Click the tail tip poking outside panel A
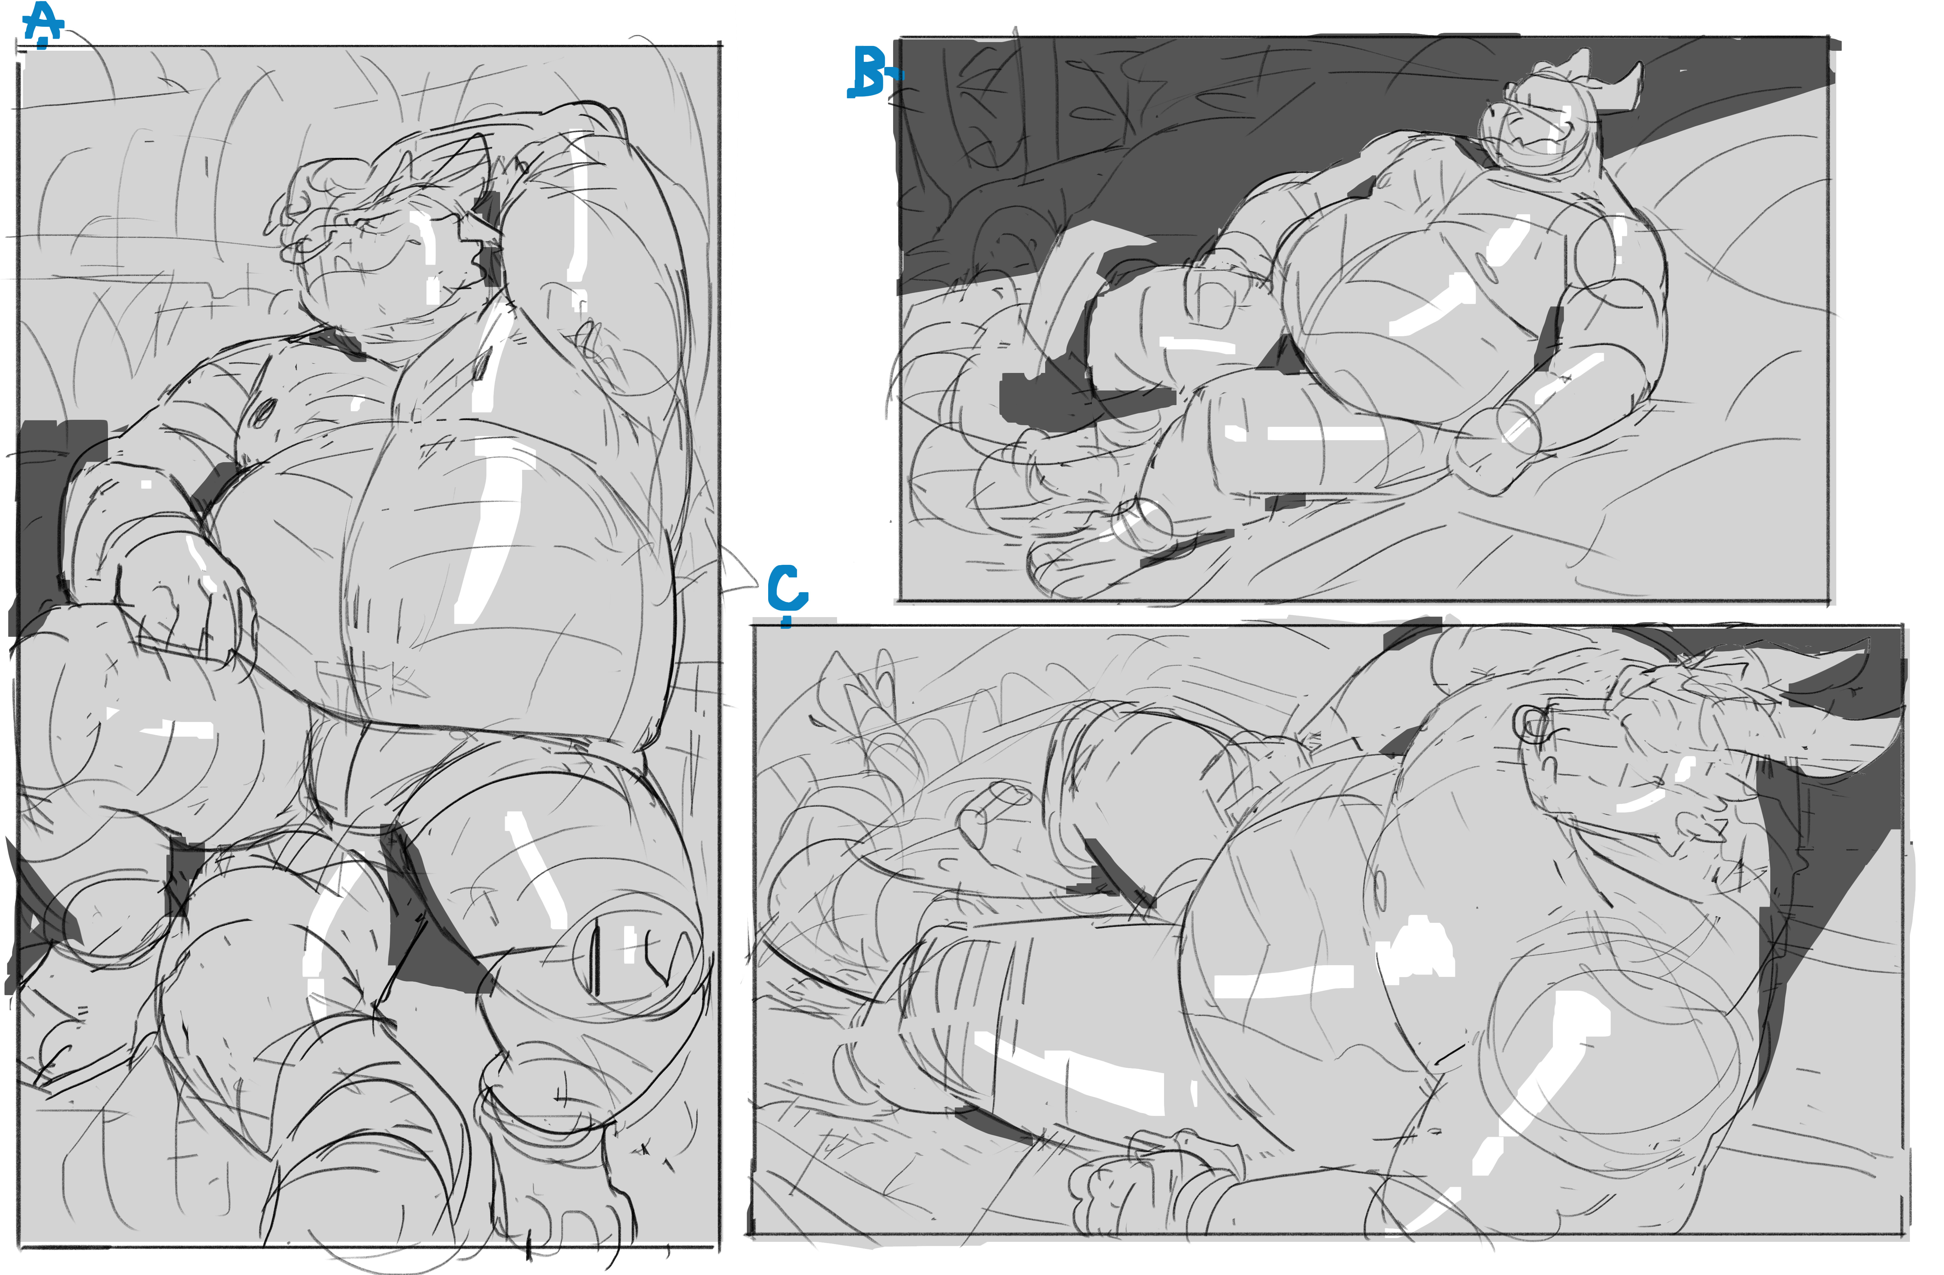[739, 572]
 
